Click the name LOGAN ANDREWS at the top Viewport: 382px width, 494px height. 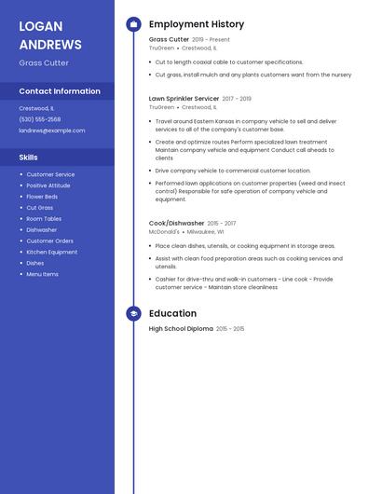click(x=50, y=34)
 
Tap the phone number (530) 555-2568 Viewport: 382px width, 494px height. click(x=40, y=119)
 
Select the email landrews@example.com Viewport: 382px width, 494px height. click(x=52, y=130)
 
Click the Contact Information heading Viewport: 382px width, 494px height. click(x=60, y=91)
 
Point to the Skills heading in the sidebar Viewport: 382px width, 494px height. click(x=29, y=158)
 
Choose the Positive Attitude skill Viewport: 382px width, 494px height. click(x=48, y=185)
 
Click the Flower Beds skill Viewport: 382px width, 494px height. click(x=42, y=197)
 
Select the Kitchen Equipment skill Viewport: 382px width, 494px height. click(x=52, y=252)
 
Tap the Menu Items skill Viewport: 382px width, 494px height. click(x=43, y=274)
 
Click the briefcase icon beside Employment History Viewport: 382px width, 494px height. click(x=133, y=24)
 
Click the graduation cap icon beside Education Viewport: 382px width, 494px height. click(x=133, y=314)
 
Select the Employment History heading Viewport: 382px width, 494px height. click(x=197, y=24)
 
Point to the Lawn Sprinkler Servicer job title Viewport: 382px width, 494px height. click(x=184, y=98)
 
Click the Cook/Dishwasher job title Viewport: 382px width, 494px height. click(x=176, y=224)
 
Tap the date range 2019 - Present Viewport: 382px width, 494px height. click(x=211, y=40)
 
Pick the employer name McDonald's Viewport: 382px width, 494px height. click(x=164, y=232)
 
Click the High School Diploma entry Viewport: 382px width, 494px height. click(x=181, y=329)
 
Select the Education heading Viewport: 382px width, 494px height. click(x=172, y=314)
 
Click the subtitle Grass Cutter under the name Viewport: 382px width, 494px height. click(x=44, y=63)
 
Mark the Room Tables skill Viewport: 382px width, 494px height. click(x=44, y=219)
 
